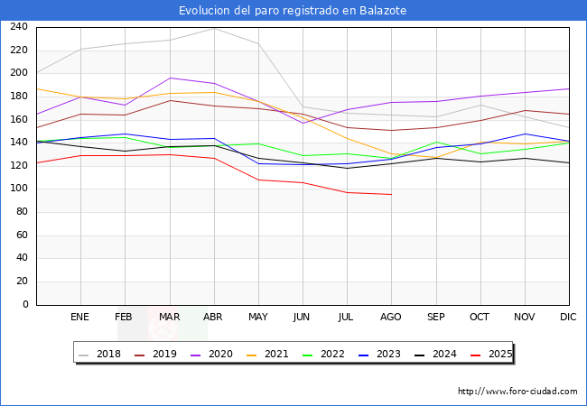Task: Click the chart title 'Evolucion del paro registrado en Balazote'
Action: click(293, 11)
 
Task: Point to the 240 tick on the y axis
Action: click(18, 27)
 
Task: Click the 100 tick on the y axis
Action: click(18, 189)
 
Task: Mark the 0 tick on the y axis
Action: click(25, 305)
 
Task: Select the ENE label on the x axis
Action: click(80, 318)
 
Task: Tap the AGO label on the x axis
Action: click(391, 318)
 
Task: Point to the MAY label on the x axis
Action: click(258, 318)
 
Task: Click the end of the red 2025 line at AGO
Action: click(391, 195)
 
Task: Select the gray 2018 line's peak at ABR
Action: click(214, 29)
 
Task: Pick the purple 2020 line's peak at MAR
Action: click(170, 78)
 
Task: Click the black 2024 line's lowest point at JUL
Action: click(347, 168)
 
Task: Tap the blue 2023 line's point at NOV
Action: click(525, 134)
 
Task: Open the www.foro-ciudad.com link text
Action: click(517, 392)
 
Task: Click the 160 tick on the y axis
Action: click(18, 119)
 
